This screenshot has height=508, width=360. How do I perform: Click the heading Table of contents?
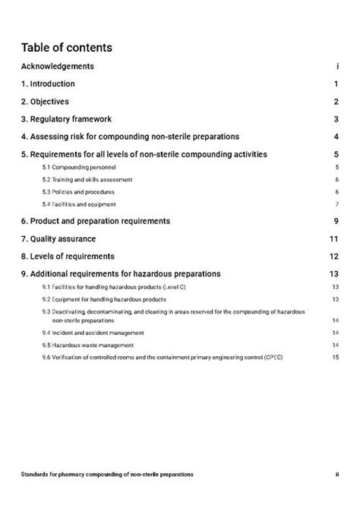[x=67, y=48]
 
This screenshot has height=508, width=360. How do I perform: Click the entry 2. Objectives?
[x=45, y=102]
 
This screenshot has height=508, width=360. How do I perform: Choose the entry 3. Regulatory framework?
[x=66, y=119]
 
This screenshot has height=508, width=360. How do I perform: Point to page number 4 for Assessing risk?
[x=335, y=137]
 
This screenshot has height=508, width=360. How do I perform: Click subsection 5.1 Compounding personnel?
[x=79, y=167]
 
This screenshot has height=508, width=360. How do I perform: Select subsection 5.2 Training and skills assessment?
[x=87, y=180]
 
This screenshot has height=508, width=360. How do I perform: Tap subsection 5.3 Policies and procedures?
[x=79, y=192]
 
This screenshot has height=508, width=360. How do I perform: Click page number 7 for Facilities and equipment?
[x=336, y=204]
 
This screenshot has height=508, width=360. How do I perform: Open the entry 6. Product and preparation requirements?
[x=95, y=221]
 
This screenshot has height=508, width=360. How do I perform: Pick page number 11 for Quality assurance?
[x=333, y=239]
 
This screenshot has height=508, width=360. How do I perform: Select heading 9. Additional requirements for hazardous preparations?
[x=121, y=274]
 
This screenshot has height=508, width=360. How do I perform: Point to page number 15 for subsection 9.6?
[x=335, y=358]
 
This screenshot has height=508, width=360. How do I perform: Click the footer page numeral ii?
[x=336, y=474]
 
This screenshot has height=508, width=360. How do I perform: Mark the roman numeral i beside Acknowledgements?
[x=336, y=67]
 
